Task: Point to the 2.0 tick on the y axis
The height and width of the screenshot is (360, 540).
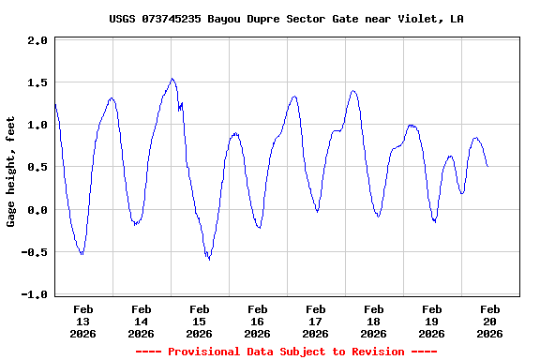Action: [x=37, y=40]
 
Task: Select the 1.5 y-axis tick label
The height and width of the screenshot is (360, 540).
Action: [x=37, y=82]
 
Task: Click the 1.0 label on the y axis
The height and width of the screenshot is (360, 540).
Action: [x=37, y=125]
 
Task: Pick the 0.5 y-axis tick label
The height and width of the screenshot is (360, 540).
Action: [x=37, y=167]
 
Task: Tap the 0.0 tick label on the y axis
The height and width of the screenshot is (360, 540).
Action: [x=37, y=210]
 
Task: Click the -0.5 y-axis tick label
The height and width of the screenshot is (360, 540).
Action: [x=35, y=252]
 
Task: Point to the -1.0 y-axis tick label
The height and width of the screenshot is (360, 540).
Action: [x=35, y=294]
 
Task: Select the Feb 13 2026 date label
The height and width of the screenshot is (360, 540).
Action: [x=82, y=321]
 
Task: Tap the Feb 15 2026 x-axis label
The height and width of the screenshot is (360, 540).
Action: [x=199, y=321]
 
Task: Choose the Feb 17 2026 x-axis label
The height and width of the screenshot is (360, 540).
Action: [x=315, y=321]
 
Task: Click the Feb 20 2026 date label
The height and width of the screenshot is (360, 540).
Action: [x=489, y=321]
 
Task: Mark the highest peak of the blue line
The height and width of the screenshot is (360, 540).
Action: [x=172, y=79]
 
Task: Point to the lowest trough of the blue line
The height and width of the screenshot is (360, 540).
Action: [x=209, y=259]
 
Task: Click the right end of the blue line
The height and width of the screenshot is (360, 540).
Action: [x=487, y=166]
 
